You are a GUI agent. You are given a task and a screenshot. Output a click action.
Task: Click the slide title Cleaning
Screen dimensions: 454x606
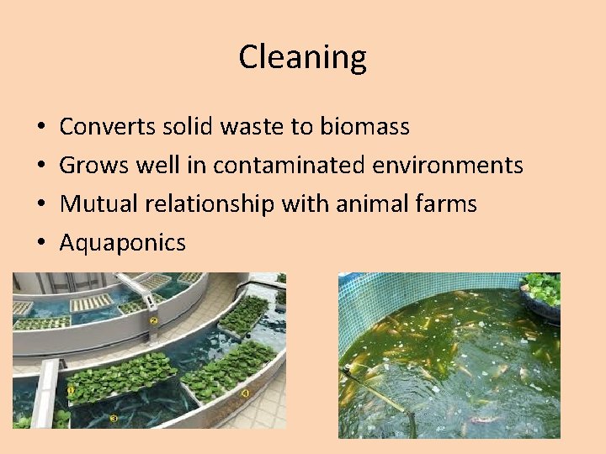click(x=302, y=57)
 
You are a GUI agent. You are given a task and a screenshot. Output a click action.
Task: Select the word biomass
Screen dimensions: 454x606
click(x=364, y=127)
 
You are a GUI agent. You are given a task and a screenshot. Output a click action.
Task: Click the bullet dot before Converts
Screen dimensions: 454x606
click(x=41, y=128)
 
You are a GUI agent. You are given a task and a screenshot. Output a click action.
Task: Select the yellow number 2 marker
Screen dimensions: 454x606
click(x=154, y=319)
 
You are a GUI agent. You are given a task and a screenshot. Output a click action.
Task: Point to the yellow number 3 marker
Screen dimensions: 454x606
click(x=114, y=418)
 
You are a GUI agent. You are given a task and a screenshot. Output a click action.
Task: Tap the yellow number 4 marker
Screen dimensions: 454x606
click(x=245, y=392)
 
